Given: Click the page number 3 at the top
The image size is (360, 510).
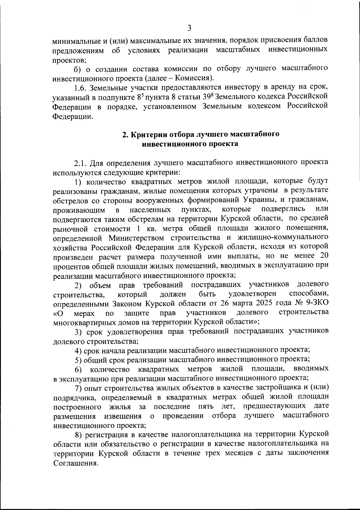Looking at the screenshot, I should [x=189, y=28].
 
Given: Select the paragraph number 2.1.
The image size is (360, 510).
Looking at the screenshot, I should [x=81, y=163].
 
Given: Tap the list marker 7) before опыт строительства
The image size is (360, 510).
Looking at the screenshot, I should [x=78, y=388].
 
